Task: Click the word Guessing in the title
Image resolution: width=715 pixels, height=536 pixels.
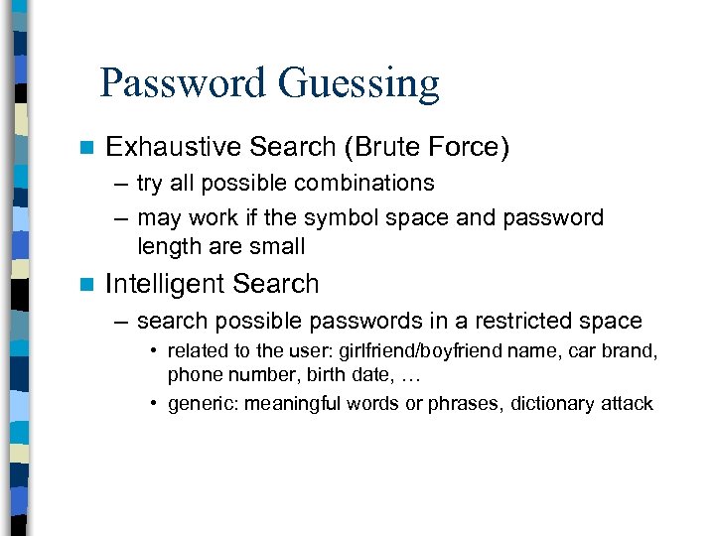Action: point(358,85)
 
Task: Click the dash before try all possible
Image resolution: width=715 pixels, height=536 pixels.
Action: point(120,184)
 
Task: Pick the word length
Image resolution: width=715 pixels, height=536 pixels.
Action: point(167,246)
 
